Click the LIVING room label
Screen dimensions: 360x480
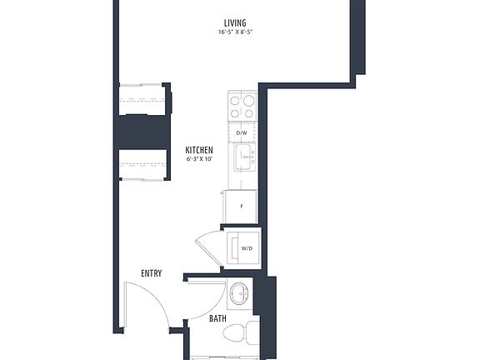(x=235, y=22)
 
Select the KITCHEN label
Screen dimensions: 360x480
(x=198, y=150)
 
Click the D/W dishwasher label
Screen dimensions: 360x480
(x=242, y=133)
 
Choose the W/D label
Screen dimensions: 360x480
(x=247, y=248)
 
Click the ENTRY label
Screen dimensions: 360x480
(x=151, y=273)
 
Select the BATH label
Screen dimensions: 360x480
(x=217, y=318)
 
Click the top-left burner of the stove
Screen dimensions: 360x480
(x=235, y=100)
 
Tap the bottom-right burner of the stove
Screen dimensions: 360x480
(x=248, y=112)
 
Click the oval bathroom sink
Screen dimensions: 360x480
(x=239, y=293)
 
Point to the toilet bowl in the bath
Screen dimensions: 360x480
(x=237, y=335)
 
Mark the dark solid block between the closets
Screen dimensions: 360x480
(x=145, y=132)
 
